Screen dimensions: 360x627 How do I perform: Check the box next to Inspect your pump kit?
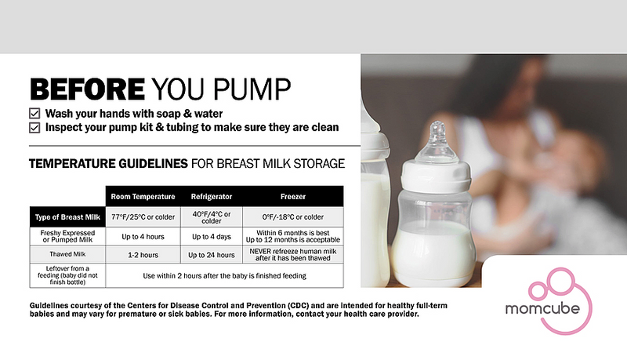[x=34, y=127]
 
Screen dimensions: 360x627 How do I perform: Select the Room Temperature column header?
[x=142, y=197]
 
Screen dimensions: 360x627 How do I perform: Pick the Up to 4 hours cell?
[x=142, y=236]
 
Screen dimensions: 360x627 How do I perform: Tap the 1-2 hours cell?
[x=142, y=255]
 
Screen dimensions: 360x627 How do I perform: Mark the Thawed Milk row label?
[x=67, y=255]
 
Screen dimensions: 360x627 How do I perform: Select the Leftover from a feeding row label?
[x=67, y=275]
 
